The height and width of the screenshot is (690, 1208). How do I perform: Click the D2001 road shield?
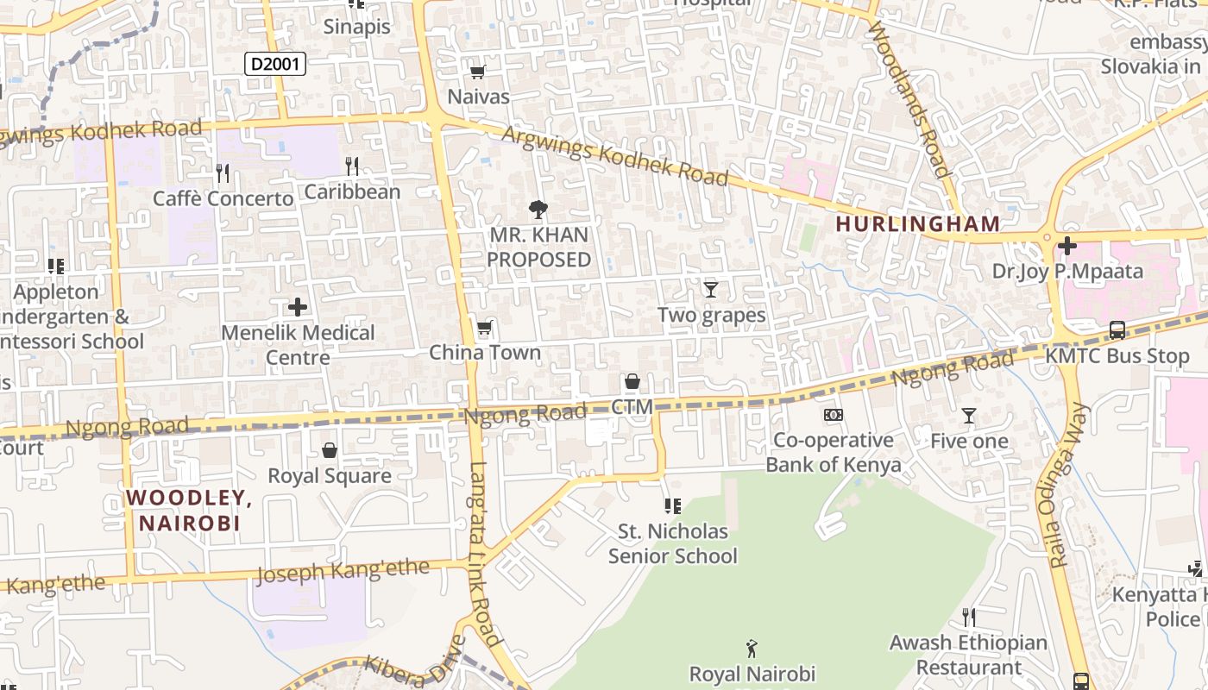(275, 64)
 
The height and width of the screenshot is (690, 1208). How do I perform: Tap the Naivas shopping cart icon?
(477, 72)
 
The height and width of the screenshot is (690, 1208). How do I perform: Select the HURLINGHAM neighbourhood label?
(918, 224)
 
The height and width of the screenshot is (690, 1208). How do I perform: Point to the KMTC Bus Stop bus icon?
(1117, 329)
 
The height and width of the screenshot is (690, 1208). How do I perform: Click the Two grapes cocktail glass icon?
(710, 289)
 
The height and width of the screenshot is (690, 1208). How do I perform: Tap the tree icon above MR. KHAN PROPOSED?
(538, 209)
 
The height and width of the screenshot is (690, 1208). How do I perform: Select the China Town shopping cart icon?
(484, 328)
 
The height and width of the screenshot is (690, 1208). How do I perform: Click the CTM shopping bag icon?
(632, 381)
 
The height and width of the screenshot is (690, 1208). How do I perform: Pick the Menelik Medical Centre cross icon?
(298, 307)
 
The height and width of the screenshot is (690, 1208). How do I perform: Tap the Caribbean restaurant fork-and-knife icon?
(351, 166)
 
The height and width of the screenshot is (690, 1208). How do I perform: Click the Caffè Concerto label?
(223, 199)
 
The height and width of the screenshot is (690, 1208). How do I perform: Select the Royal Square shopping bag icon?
(329, 450)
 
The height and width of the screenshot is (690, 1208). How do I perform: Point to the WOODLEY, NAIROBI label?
(190, 510)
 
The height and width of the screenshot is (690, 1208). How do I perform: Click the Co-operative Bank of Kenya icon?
(833, 415)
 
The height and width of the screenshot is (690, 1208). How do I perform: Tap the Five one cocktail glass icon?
(968, 416)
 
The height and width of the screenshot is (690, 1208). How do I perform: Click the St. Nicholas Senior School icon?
(672, 505)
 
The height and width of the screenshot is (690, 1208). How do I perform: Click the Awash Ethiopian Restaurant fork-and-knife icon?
(968, 617)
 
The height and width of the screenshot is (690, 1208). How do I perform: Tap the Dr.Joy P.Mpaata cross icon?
(1067, 246)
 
